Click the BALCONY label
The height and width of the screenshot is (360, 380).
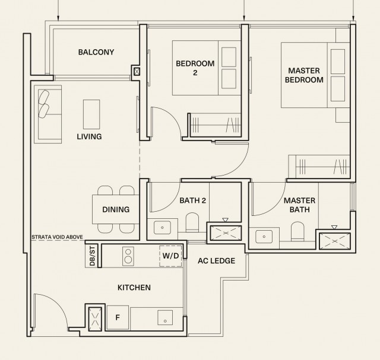click(x=96, y=52)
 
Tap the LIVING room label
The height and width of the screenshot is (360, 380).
click(x=89, y=136)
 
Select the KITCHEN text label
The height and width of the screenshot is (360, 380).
click(x=134, y=288)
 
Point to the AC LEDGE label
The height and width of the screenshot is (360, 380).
click(x=216, y=261)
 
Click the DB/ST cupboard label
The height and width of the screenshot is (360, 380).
click(x=92, y=256)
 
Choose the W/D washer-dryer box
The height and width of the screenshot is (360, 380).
click(x=170, y=256)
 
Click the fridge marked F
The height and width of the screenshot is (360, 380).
click(x=118, y=317)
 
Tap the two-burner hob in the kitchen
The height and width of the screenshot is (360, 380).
click(x=128, y=256)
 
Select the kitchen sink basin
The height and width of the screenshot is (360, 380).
click(x=165, y=318)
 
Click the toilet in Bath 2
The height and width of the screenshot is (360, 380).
click(x=192, y=222)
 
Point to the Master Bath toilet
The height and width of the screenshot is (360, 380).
click(x=297, y=231)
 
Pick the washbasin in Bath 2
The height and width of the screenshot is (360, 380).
click(x=162, y=227)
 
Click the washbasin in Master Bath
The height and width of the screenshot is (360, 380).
click(x=264, y=237)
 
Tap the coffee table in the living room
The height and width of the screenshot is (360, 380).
click(x=91, y=114)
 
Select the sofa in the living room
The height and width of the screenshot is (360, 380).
click(x=47, y=114)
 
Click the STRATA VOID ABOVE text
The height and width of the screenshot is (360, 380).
click(x=57, y=237)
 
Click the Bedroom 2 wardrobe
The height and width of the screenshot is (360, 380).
click(x=215, y=125)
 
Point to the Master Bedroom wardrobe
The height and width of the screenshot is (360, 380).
click(x=319, y=167)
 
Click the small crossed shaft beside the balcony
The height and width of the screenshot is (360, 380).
click(x=137, y=71)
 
